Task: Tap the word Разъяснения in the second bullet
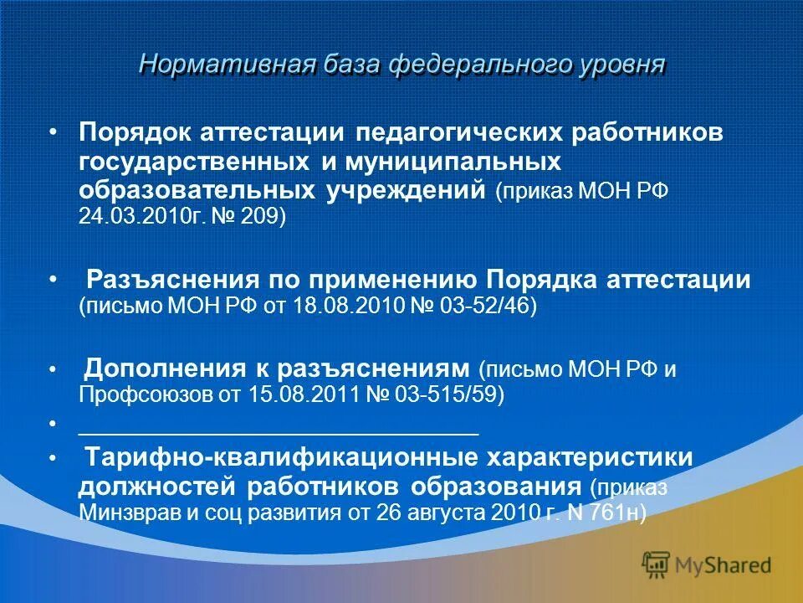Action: pos(171,280)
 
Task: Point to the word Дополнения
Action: pos(161,368)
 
